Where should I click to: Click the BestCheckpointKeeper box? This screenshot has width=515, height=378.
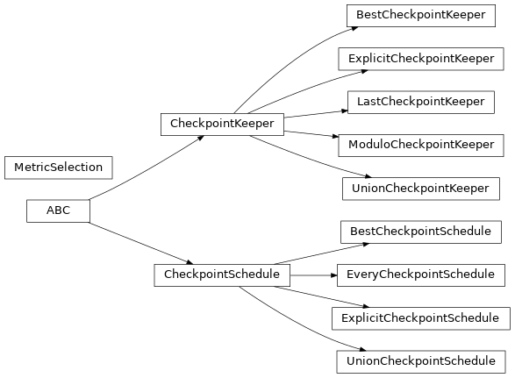420,16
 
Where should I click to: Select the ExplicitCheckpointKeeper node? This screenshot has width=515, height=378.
420,59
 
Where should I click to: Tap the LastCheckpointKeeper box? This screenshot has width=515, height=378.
420,102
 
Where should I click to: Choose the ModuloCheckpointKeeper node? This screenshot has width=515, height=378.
420,145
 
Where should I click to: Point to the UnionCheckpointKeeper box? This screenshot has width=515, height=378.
420,188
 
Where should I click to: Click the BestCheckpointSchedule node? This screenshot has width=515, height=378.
420,232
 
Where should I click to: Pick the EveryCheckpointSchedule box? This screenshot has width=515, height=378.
420,275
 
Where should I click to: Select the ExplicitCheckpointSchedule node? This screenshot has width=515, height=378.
420,317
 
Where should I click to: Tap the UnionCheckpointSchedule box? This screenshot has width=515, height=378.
420,360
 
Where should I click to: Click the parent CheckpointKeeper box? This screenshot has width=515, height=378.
221,124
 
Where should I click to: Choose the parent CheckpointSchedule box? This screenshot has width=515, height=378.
221,275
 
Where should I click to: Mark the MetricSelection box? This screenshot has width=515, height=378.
58,167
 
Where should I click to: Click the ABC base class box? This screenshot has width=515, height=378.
58,210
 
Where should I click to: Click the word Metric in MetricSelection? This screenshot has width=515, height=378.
31,167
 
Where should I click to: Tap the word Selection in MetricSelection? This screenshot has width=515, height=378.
76,167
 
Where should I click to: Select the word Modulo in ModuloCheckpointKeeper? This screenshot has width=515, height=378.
367,145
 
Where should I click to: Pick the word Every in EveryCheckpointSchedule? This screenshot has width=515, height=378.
363,275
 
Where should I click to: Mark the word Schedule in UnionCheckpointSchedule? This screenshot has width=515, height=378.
470,360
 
